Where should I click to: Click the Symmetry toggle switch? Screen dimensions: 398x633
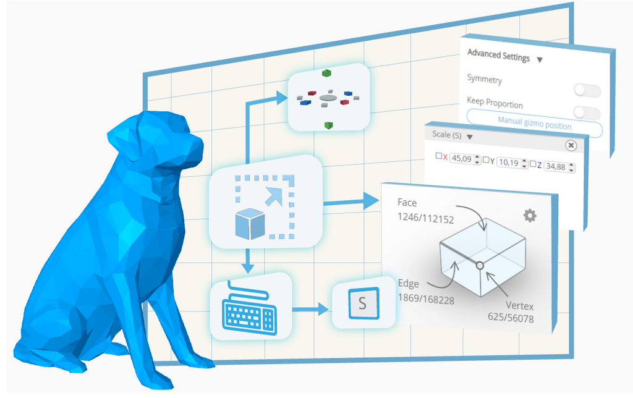coord(587,91)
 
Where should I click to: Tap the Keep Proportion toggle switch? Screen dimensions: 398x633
coord(587,112)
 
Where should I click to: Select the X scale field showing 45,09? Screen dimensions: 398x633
coord(462,159)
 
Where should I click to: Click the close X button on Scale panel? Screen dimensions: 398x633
coord(571,145)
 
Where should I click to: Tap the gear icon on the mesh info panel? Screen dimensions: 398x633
coord(530,215)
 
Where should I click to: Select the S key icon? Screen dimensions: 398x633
coord(362,303)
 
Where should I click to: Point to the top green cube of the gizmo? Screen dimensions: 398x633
coord(326,73)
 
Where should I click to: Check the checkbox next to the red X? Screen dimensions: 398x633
coord(439,156)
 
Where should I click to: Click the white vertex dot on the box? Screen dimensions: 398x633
coord(479,265)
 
